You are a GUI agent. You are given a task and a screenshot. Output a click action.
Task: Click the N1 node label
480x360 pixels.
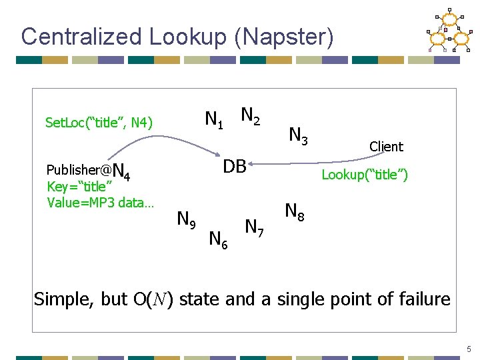215,120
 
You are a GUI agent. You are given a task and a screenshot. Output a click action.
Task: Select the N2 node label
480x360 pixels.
251,116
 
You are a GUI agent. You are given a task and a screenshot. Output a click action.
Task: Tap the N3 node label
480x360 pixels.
298,136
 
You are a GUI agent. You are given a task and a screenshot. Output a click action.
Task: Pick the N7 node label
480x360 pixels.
254,228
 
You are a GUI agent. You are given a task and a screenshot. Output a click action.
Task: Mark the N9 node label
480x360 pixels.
185,219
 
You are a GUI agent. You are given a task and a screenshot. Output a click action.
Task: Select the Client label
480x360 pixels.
386,147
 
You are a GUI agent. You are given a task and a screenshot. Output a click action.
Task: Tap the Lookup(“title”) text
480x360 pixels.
365,175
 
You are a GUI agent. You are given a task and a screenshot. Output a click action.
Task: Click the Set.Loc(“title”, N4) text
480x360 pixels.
99,123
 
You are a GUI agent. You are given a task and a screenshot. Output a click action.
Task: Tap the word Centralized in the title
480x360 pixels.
81,37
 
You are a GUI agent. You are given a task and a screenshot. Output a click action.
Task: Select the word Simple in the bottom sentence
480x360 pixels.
63,299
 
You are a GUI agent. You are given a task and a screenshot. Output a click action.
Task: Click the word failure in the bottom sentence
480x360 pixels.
419,299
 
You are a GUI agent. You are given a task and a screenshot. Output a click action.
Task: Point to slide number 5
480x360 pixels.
469,349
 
